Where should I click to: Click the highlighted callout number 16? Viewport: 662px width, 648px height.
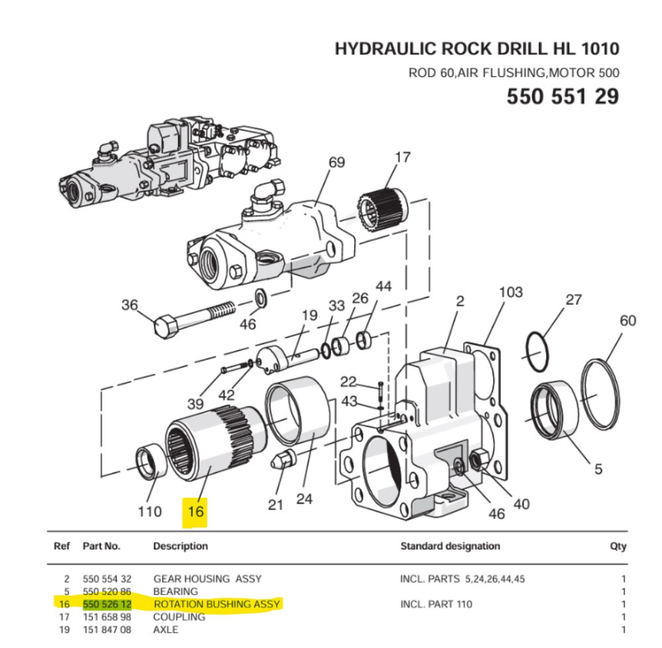click(195, 511)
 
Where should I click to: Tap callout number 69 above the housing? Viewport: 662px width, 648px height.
click(336, 162)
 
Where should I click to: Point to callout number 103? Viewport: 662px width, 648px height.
click(510, 292)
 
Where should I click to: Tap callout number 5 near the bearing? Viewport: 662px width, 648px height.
click(598, 469)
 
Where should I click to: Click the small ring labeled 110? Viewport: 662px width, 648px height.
click(149, 461)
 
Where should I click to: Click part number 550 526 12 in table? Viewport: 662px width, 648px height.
click(107, 604)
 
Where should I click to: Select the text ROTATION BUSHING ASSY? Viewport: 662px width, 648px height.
click(217, 604)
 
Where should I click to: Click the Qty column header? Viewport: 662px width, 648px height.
click(618, 546)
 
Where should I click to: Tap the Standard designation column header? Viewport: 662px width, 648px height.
click(449, 546)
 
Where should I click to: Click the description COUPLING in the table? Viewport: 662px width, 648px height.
click(179, 616)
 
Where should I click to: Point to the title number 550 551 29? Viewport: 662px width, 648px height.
click(563, 96)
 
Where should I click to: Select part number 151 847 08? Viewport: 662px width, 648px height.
click(107, 629)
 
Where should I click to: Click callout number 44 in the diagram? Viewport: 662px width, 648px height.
click(383, 287)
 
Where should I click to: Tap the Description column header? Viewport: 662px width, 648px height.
click(180, 546)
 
